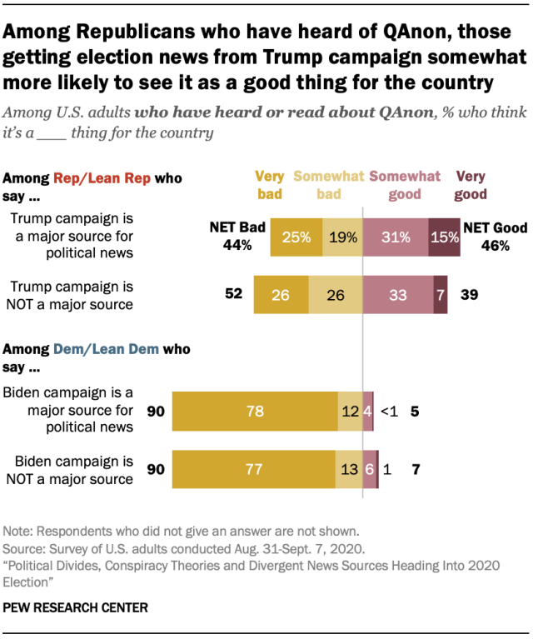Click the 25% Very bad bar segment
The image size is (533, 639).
pos(296,237)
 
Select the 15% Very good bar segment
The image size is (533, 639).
pos(444,237)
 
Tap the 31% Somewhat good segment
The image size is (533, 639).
pos(396,237)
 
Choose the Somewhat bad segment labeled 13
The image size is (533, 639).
pos(349,470)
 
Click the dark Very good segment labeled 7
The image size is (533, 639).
pos(440,294)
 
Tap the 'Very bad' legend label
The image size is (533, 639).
pos(269,186)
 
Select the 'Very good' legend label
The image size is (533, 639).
pos(471,186)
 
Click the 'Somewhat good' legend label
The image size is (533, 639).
pos(405,186)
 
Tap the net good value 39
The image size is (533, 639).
pos(469,294)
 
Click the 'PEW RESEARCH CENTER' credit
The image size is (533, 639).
pos(76,608)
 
